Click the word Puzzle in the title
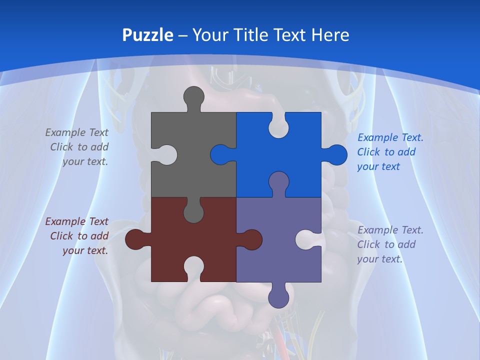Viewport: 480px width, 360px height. tap(148, 35)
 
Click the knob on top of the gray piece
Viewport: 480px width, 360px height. tap(194, 97)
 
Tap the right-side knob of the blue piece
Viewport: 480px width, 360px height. tap(336, 154)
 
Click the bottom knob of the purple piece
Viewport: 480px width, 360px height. tap(278, 297)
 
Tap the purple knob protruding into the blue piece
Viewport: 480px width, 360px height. tap(278, 183)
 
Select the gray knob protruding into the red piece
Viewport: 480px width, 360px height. tap(193, 211)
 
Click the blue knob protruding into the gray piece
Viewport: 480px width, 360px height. tap(221, 154)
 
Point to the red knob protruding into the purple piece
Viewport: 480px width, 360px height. tap(251, 239)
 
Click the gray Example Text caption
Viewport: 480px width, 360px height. tap(78, 147)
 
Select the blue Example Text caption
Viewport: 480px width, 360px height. tap(389, 152)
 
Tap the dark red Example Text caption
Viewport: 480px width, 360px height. tap(78, 236)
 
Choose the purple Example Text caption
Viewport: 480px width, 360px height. tap(389, 244)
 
